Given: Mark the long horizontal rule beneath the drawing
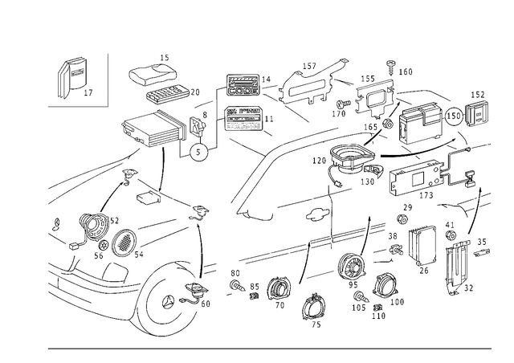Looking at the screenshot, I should (x=265, y=348).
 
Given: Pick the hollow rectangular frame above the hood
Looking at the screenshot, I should (x=149, y=129).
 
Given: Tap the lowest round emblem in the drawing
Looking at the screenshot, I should (x=314, y=309).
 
